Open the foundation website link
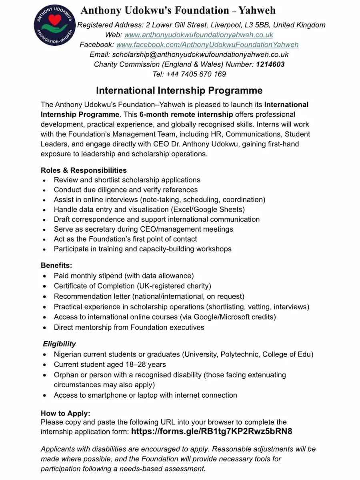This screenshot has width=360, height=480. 199,35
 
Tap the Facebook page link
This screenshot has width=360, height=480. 207,44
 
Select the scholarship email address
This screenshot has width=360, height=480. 200,54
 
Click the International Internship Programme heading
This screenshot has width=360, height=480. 179,90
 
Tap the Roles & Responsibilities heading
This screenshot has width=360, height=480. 84,170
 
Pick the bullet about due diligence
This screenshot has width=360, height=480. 126,190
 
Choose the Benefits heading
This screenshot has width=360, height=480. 56,265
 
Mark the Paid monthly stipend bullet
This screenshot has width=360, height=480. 124,276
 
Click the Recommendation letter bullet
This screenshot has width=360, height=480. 149,296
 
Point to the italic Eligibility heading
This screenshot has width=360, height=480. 59,344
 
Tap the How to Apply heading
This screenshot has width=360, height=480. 66,413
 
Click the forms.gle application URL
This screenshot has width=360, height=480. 212,432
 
